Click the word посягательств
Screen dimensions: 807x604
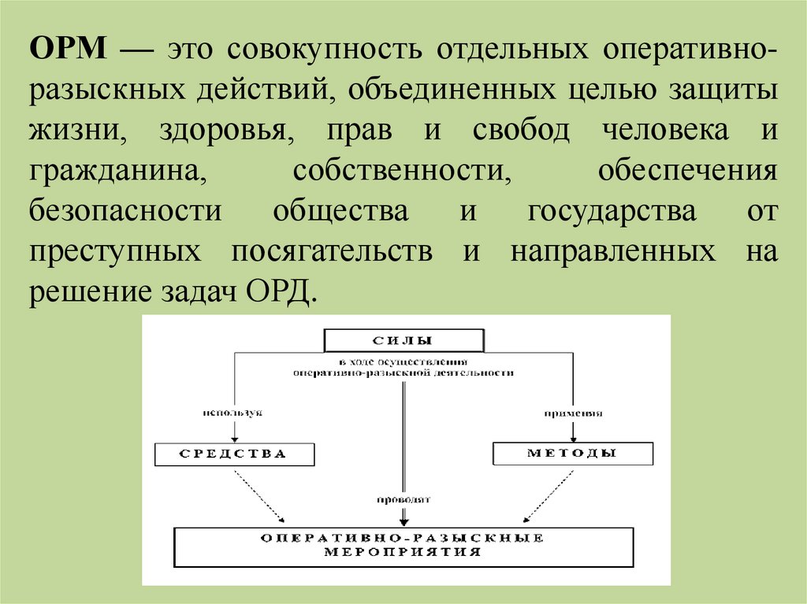coord(332,253)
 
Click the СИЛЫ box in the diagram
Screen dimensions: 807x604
coord(403,341)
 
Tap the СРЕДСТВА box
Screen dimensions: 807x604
coord(235,454)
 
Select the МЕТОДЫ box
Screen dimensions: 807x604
coord(573,454)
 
